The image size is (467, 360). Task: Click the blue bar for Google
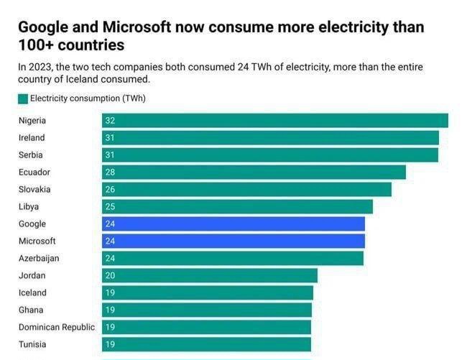(233, 224)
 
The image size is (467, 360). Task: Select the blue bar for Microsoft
(233, 241)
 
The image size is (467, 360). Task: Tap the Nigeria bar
(275, 121)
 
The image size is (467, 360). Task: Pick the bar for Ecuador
(254, 172)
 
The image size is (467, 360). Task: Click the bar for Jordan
(210, 276)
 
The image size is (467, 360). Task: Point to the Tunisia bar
(206, 345)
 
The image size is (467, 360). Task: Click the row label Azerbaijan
(39, 259)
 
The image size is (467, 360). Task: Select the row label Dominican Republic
(57, 328)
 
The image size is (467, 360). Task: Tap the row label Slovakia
(34, 190)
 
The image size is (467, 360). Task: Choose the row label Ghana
(30, 310)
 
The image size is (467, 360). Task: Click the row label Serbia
(31, 155)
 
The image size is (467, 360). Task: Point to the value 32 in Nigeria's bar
(110, 121)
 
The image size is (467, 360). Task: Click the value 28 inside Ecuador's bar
(110, 172)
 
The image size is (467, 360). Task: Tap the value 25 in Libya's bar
(110, 207)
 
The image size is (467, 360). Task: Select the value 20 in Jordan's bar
(110, 276)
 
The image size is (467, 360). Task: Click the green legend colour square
(23, 98)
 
